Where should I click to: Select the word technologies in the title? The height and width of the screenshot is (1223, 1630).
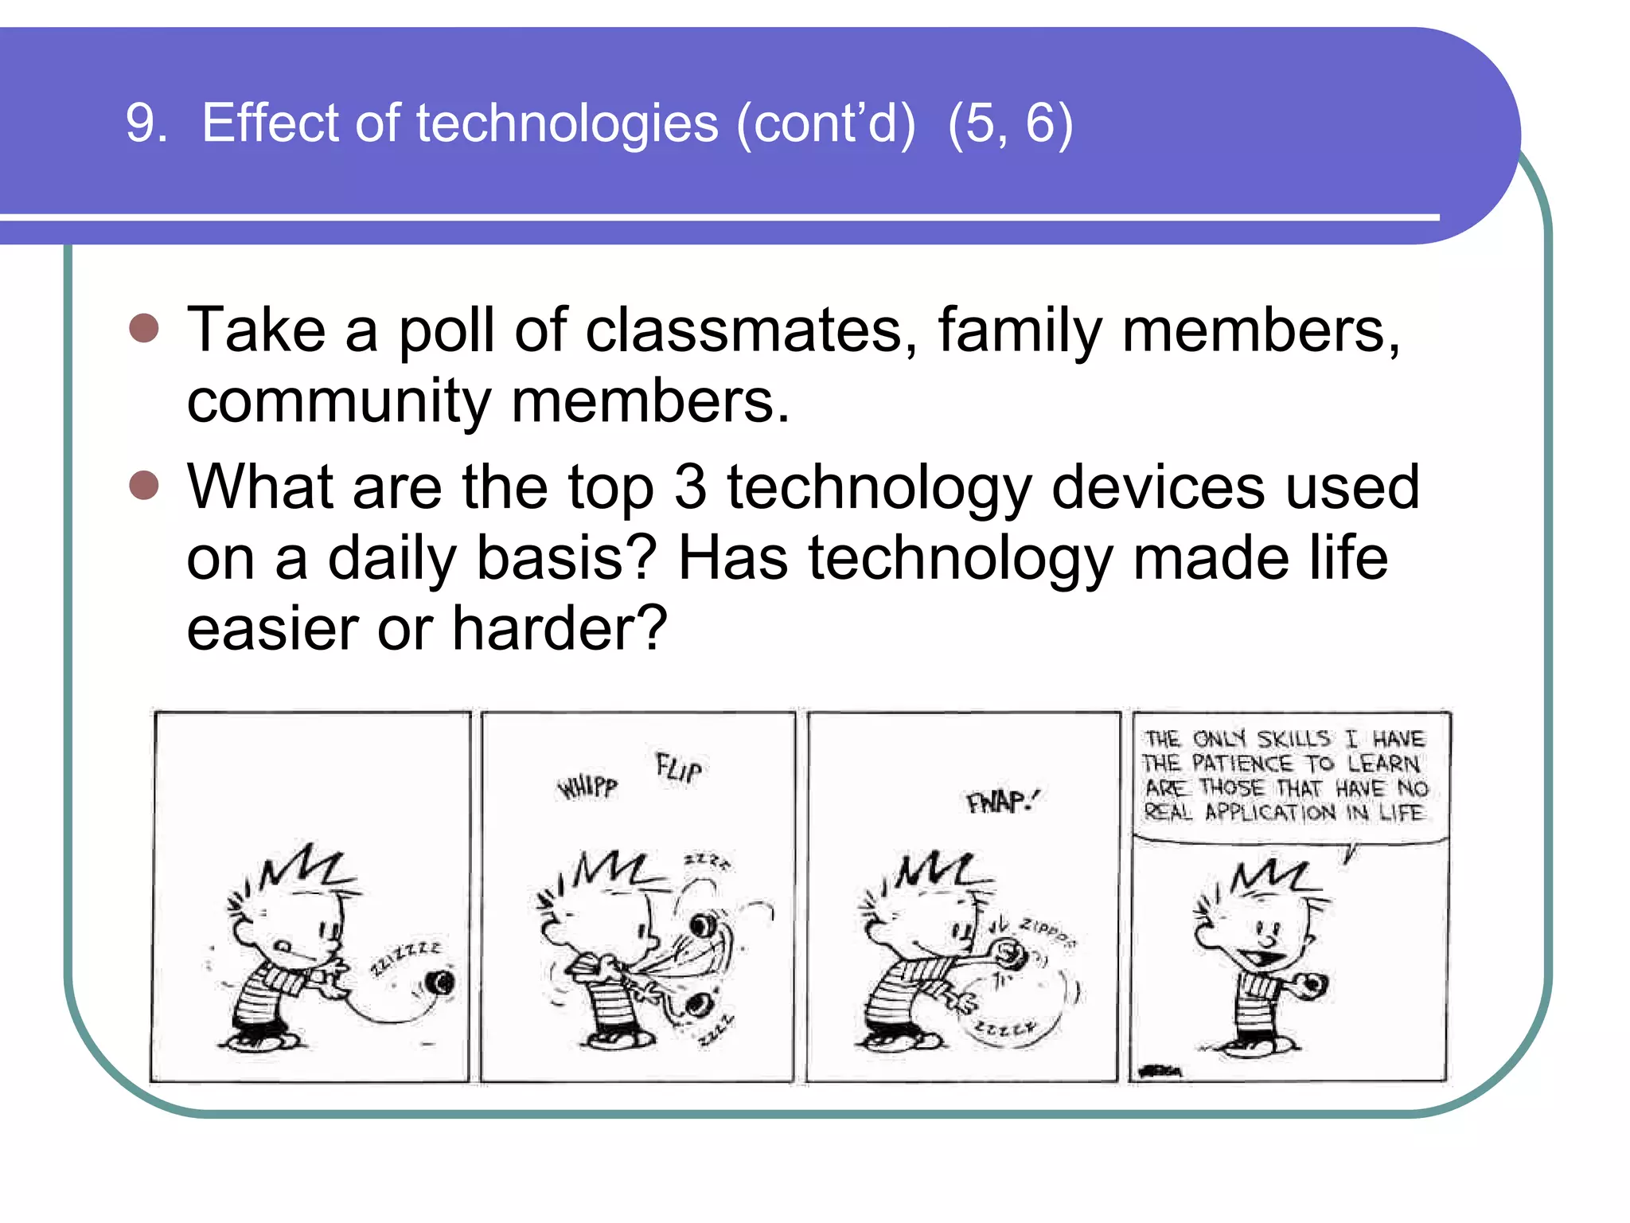[567, 124]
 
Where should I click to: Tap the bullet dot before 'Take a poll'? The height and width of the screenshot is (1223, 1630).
[144, 328]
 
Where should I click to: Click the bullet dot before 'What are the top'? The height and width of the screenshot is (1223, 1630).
[144, 484]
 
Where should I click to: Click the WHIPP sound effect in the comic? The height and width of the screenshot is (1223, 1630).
[587, 787]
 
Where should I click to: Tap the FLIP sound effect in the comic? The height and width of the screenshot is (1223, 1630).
[679, 769]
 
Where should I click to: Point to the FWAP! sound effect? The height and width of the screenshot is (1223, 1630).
[1002, 801]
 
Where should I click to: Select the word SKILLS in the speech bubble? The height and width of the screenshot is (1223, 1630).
[1293, 739]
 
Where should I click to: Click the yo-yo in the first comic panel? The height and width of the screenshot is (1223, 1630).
[440, 983]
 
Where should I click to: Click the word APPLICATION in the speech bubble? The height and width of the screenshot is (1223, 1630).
[1270, 813]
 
